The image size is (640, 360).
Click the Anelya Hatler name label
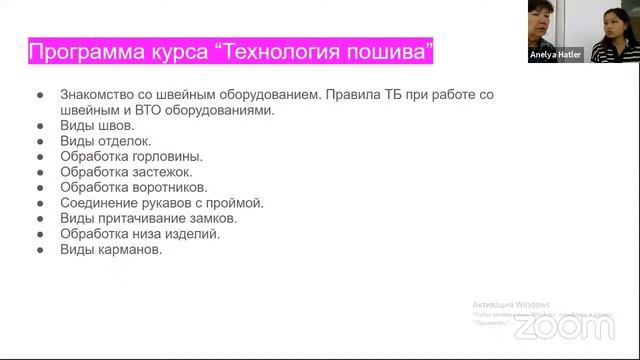tap(556, 56)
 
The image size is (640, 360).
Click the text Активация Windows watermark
tap(511, 304)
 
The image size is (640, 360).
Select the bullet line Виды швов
tap(90, 126)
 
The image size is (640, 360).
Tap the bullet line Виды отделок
tap(104, 141)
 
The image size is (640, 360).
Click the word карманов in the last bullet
tap(129, 249)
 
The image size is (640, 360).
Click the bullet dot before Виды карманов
tap(41, 249)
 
